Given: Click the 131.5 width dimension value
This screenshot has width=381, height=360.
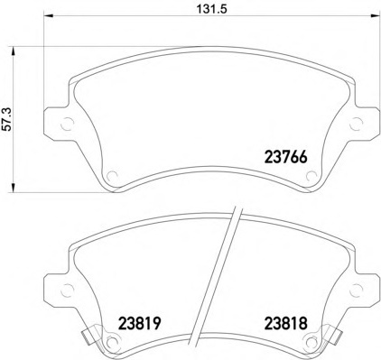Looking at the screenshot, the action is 211,9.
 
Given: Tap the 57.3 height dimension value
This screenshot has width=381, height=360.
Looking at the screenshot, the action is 7,119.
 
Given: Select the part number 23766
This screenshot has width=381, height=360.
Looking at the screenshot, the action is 285,157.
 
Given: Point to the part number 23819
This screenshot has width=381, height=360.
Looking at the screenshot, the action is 140,324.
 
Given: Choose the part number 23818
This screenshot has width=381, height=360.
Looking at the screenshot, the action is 285,324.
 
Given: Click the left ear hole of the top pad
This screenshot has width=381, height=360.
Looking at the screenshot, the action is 67,124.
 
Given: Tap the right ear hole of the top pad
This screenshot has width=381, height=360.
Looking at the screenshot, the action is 357,124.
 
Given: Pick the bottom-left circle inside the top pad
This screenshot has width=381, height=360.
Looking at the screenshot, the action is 112,176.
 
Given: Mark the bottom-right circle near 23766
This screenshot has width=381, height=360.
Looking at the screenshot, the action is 311,176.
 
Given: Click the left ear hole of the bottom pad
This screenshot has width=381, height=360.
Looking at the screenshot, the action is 67,291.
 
